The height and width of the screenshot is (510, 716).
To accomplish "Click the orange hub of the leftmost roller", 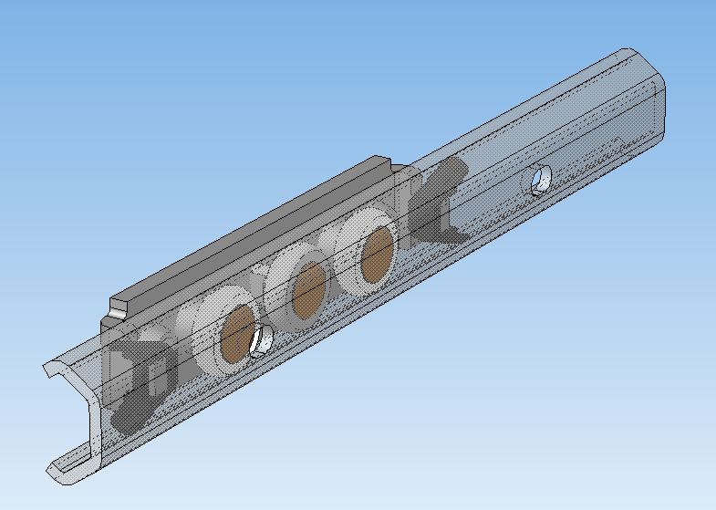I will click(x=237, y=333).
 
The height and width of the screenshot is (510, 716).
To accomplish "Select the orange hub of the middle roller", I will click(x=308, y=289).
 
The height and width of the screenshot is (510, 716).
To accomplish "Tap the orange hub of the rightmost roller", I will click(x=377, y=255).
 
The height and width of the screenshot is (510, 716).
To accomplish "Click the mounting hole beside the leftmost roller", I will click(x=264, y=339).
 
